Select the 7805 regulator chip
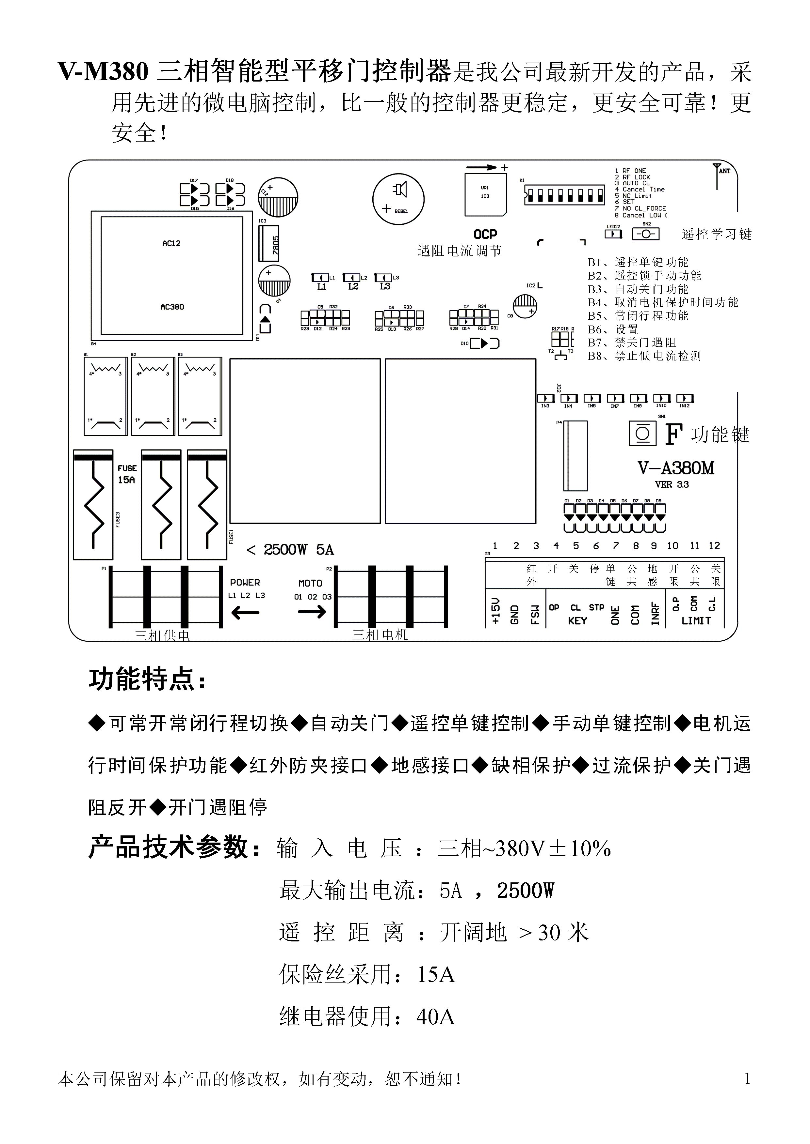coord(268,244)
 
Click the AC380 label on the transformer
coord(172,307)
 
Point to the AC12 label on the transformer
coord(171,243)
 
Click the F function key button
coord(642,434)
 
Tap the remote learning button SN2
coord(646,234)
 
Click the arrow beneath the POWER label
coord(245,612)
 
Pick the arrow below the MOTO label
coord(312,612)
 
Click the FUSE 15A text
coord(127,474)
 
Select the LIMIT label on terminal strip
coord(696,621)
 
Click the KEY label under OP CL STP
coord(577,621)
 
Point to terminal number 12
coord(714,546)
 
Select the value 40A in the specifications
coord(435,1016)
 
